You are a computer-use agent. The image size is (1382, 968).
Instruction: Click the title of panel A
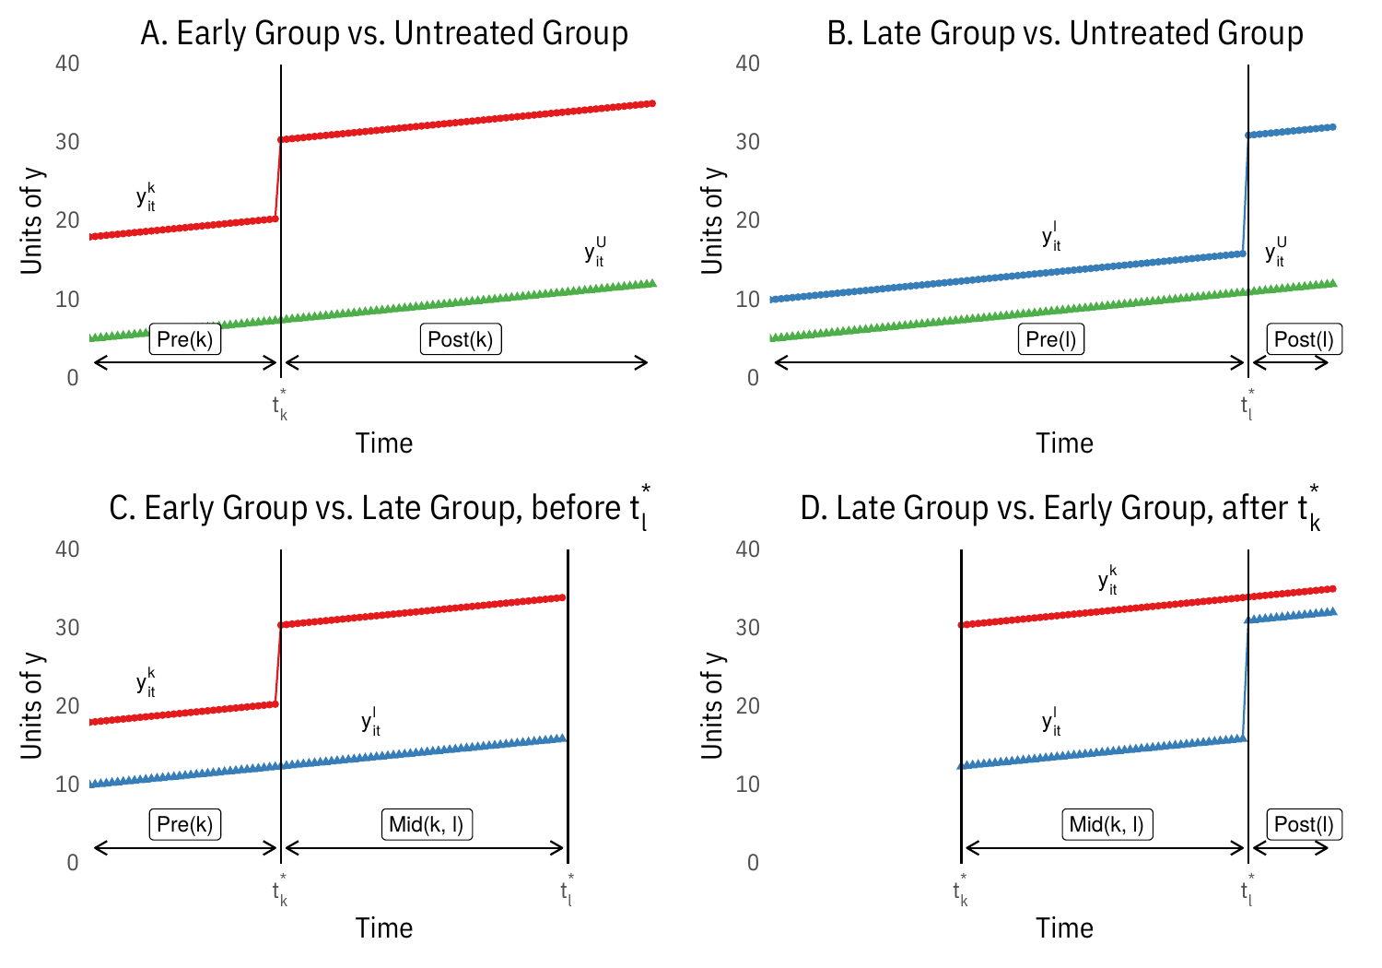[x=384, y=33]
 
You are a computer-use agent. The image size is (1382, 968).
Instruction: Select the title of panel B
[x=1065, y=33]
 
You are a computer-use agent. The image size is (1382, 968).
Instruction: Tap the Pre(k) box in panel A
[x=185, y=339]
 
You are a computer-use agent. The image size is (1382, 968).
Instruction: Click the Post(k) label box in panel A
[x=461, y=339]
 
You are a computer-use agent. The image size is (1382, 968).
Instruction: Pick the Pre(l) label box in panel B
[x=1051, y=339]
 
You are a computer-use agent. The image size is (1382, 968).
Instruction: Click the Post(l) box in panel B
[x=1304, y=339]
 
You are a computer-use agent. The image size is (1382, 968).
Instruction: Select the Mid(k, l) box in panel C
[x=426, y=824]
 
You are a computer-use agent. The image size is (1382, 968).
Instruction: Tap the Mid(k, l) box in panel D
[x=1107, y=824]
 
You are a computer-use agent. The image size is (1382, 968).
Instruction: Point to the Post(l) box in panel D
[x=1304, y=824]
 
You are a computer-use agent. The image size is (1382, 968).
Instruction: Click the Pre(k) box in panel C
[x=185, y=824]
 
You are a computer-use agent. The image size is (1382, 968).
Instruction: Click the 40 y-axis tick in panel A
[x=68, y=64]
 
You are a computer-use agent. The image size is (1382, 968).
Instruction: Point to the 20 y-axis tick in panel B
[x=748, y=220]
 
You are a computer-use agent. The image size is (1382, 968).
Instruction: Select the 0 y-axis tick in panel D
[x=754, y=863]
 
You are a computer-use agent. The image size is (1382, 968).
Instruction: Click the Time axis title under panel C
[x=384, y=928]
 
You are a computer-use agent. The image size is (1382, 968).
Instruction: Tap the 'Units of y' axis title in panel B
[x=713, y=220]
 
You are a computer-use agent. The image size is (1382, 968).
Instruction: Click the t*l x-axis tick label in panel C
[x=567, y=891]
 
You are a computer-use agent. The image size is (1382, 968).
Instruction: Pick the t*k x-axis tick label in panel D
[x=961, y=891]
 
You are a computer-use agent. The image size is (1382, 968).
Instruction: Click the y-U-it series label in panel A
[x=595, y=252]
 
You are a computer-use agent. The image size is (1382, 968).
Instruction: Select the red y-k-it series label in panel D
[x=1108, y=580]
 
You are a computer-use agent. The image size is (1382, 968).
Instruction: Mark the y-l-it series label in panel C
[x=371, y=721]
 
